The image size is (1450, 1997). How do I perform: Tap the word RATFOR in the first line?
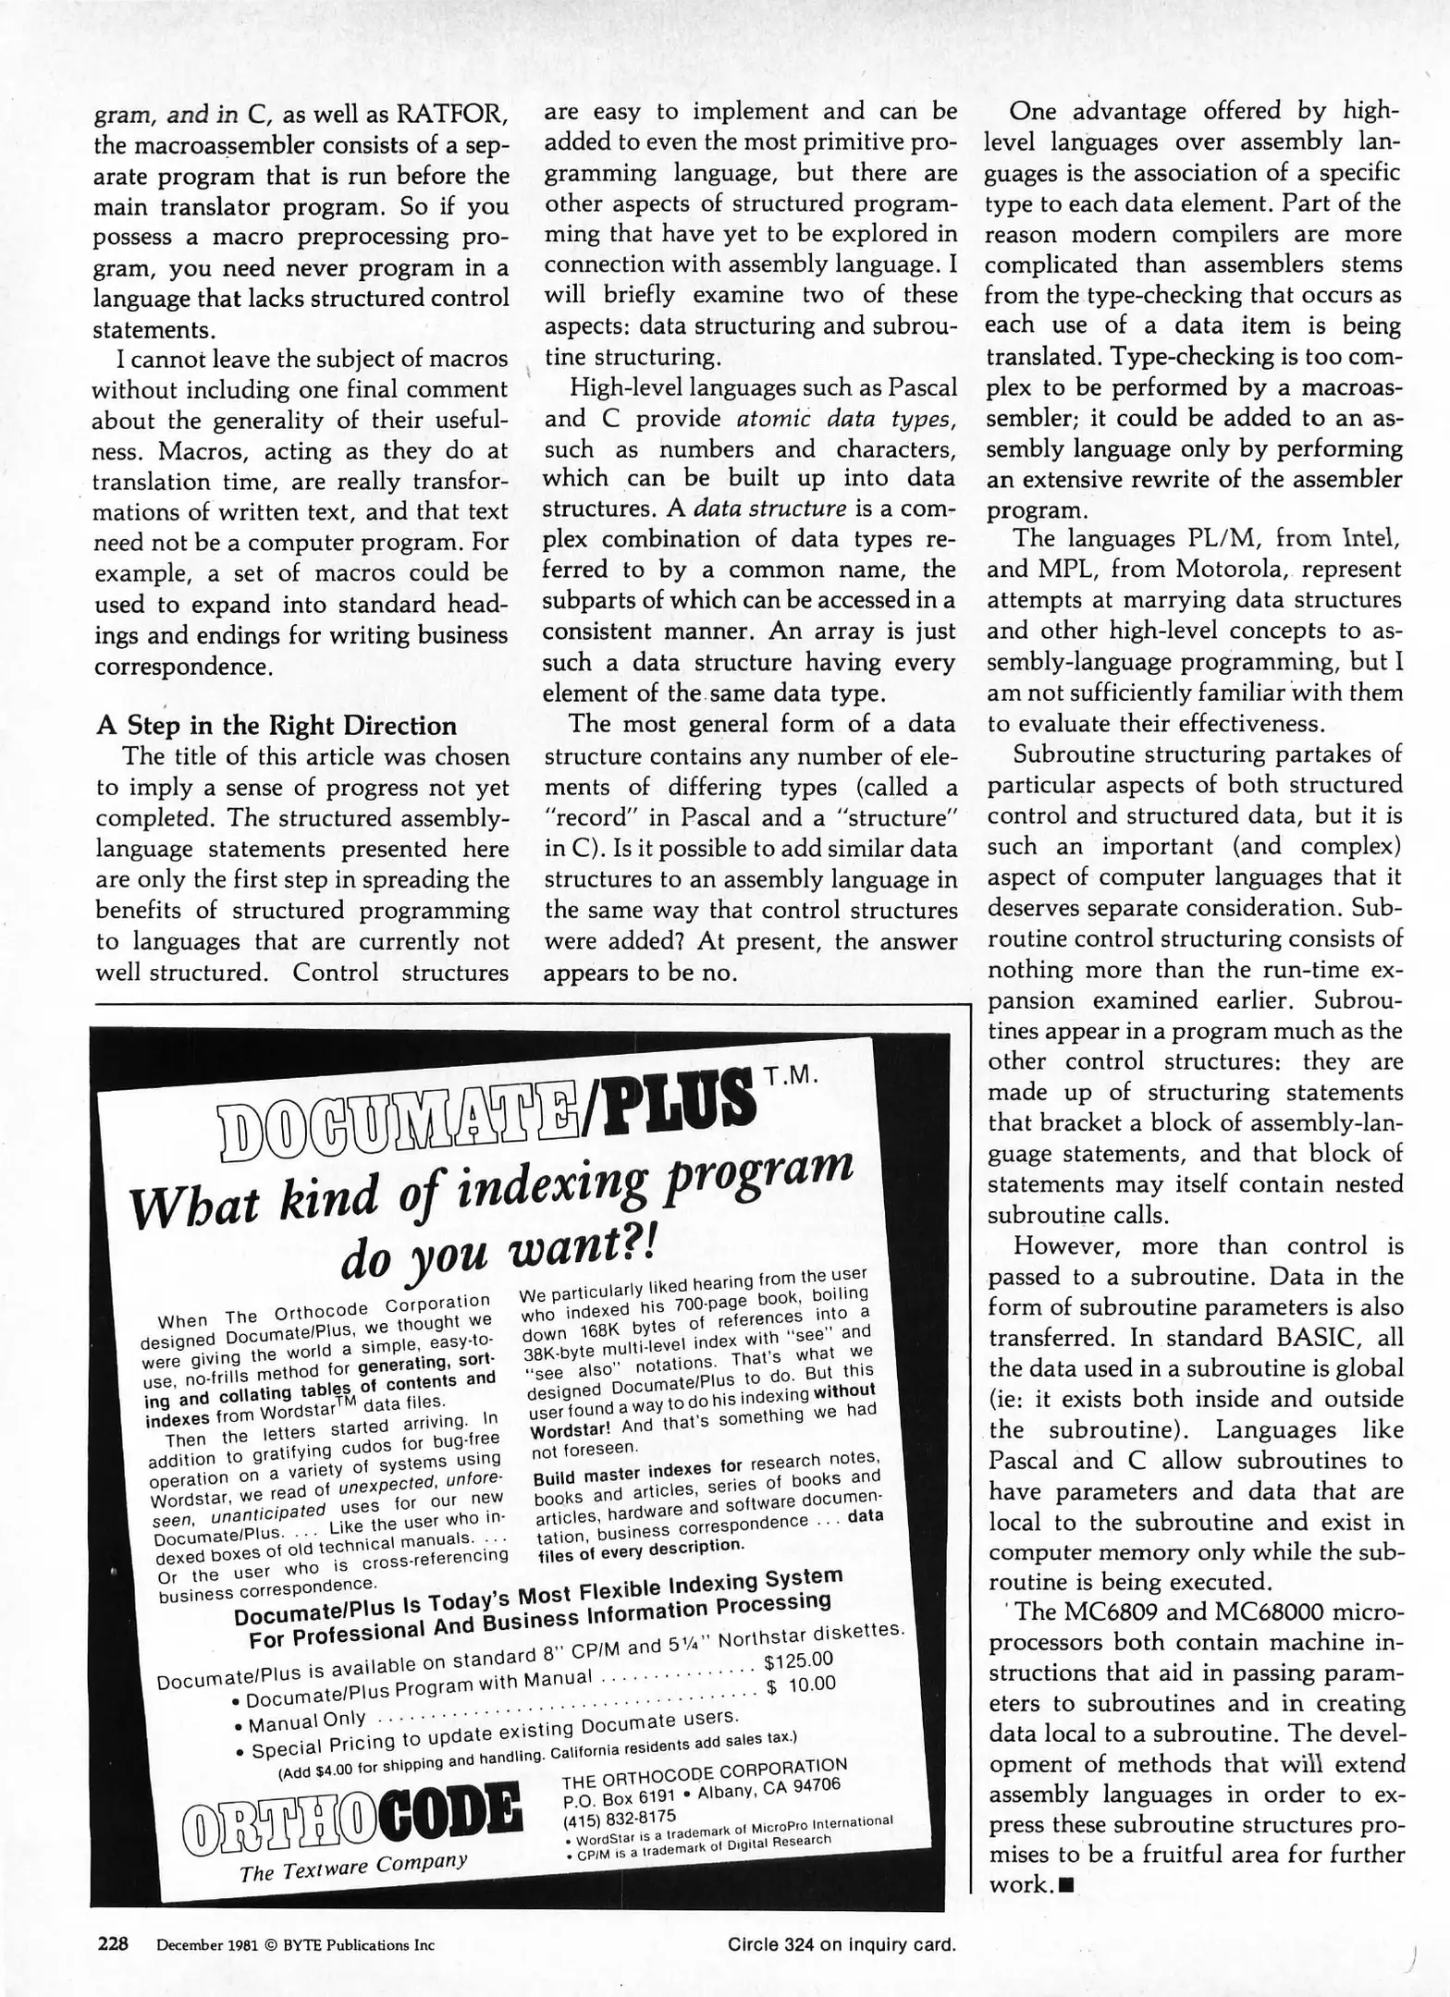pos(451,115)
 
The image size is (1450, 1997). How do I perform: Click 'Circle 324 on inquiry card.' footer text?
pos(841,1944)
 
